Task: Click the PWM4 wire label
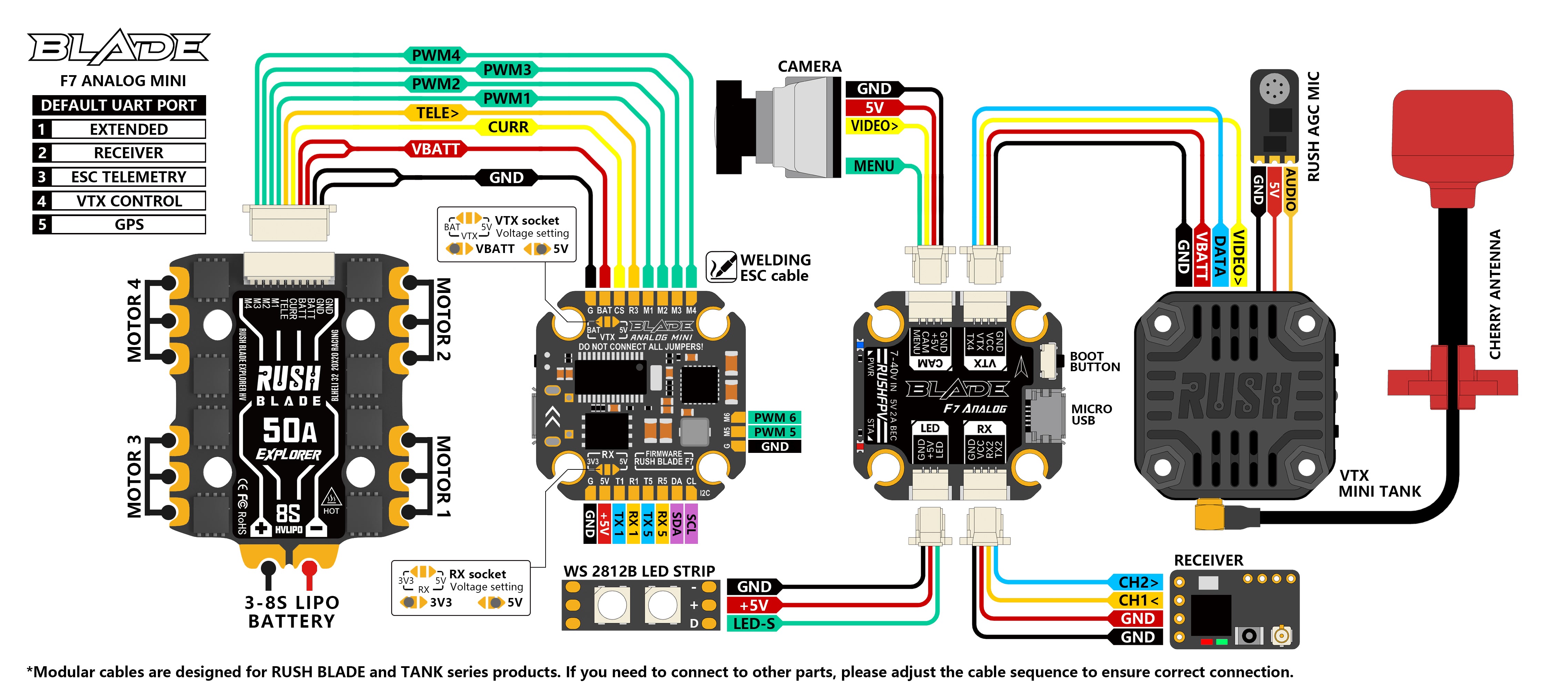click(x=436, y=55)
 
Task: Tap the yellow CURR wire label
click(x=508, y=128)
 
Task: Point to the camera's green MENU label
click(x=874, y=165)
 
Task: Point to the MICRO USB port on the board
click(x=1045, y=416)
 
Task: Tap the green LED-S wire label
click(x=754, y=623)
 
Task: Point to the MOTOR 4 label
click(x=133, y=320)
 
